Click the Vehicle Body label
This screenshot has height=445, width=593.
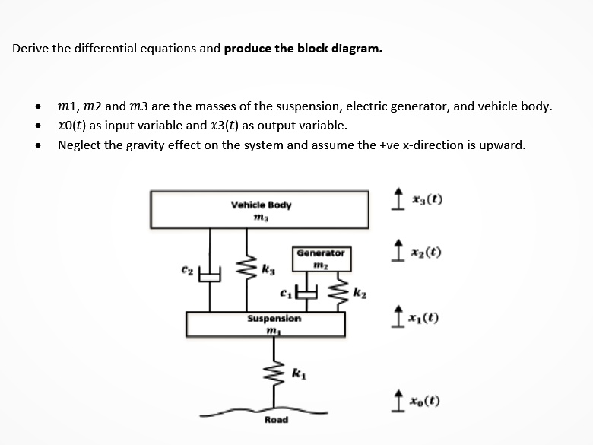(x=260, y=205)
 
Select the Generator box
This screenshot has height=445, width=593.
(x=320, y=259)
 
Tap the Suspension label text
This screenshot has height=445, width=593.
(x=274, y=319)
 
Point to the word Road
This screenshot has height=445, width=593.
(x=276, y=419)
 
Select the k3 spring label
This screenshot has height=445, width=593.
(x=267, y=269)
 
